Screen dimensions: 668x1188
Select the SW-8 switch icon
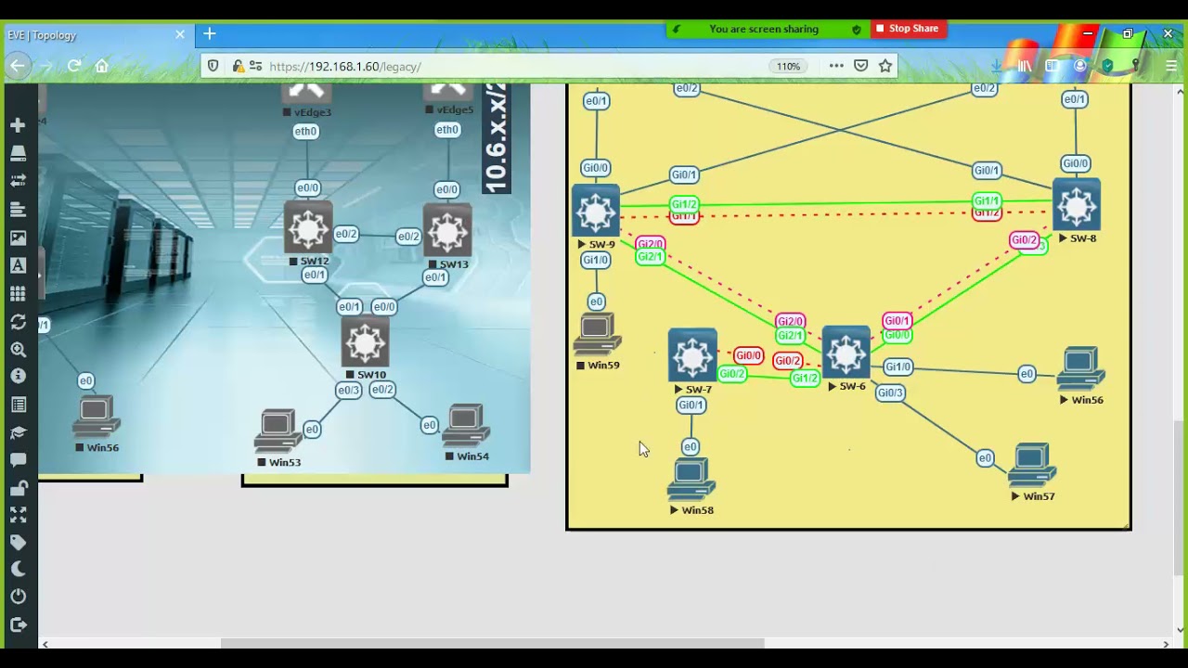[x=1076, y=206]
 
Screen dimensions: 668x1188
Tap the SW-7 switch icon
[x=692, y=355]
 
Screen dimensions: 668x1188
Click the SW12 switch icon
[x=308, y=228]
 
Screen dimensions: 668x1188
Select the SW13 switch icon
[x=447, y=230]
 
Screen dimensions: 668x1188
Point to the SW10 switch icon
[x=365, y=343]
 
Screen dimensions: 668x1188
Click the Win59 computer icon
[x=597, y=335]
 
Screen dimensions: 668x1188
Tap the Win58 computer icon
[x=691, y=480]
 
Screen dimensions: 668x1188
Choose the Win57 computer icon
[x=1032, y=466]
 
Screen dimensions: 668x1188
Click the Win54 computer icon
[x=466, y=427]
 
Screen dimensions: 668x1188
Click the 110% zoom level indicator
[x=788, y=67]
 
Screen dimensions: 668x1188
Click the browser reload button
[x=74, y=66]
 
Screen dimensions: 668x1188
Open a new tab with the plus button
[x=210, y=34]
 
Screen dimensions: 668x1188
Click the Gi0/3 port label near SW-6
[x=889, y=392]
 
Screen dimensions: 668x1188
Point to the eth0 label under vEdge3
[x=305, y=132]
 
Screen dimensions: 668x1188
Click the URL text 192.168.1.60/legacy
[x=344, y=67]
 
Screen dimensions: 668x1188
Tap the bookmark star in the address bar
[x=885, y=66]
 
